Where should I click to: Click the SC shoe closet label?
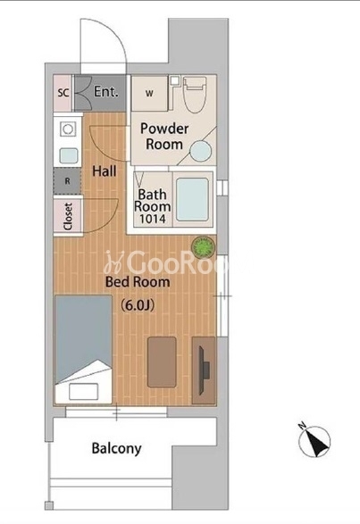[63, 92]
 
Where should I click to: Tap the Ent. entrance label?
[105, 92]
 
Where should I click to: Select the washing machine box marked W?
[149, 94]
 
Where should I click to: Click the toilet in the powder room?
[195, 95]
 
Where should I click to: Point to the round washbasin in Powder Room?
[201, 151]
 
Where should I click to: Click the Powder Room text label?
[164, 137]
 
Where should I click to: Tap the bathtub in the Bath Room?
[192, 199]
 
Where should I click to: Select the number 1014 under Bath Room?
[152, 219]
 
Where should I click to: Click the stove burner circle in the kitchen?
[68, 129]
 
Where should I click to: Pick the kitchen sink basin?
[69, 155]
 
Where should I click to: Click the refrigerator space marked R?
[67, 181]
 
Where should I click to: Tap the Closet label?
[68, 216]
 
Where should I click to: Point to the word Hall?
[105, 171]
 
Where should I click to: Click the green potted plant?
[203, 247]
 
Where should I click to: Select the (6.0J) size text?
[138, 304]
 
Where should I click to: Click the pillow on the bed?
[83, 391]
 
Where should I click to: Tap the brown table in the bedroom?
[162, 362]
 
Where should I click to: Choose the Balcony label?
[117, 448]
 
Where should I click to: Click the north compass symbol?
[314, 441]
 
